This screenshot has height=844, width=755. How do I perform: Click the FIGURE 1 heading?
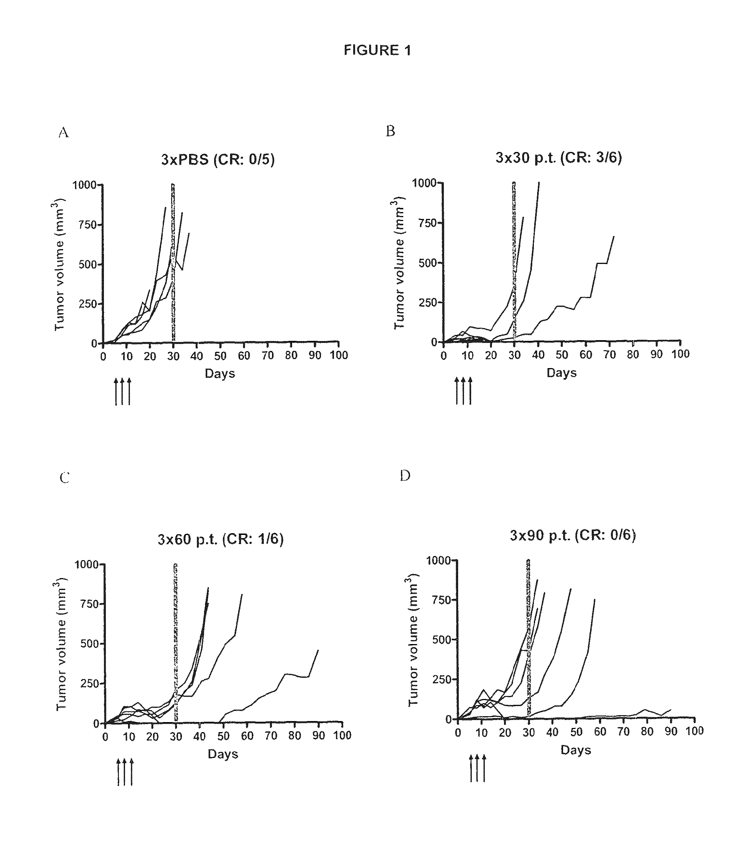click(377, 50)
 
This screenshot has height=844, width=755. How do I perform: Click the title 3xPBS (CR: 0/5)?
click(218, 159)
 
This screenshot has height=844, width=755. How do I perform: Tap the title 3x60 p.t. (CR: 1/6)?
click(220, 539)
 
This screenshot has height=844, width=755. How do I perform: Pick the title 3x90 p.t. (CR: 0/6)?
click(572, 535)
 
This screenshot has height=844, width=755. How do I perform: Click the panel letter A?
click(63, 133)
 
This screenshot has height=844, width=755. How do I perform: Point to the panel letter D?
click(405, 476)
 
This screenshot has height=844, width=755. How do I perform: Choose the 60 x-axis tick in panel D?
click(600, 731)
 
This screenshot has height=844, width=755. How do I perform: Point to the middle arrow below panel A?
click(122, 391)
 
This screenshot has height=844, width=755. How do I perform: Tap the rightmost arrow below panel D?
click(484, 768)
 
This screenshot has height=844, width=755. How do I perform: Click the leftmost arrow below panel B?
click(457, 391)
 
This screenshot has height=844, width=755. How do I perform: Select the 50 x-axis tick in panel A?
click(220, 356)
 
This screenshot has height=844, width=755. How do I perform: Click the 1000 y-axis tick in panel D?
click(438, 560)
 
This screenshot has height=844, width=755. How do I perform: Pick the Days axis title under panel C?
click(223, 754)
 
